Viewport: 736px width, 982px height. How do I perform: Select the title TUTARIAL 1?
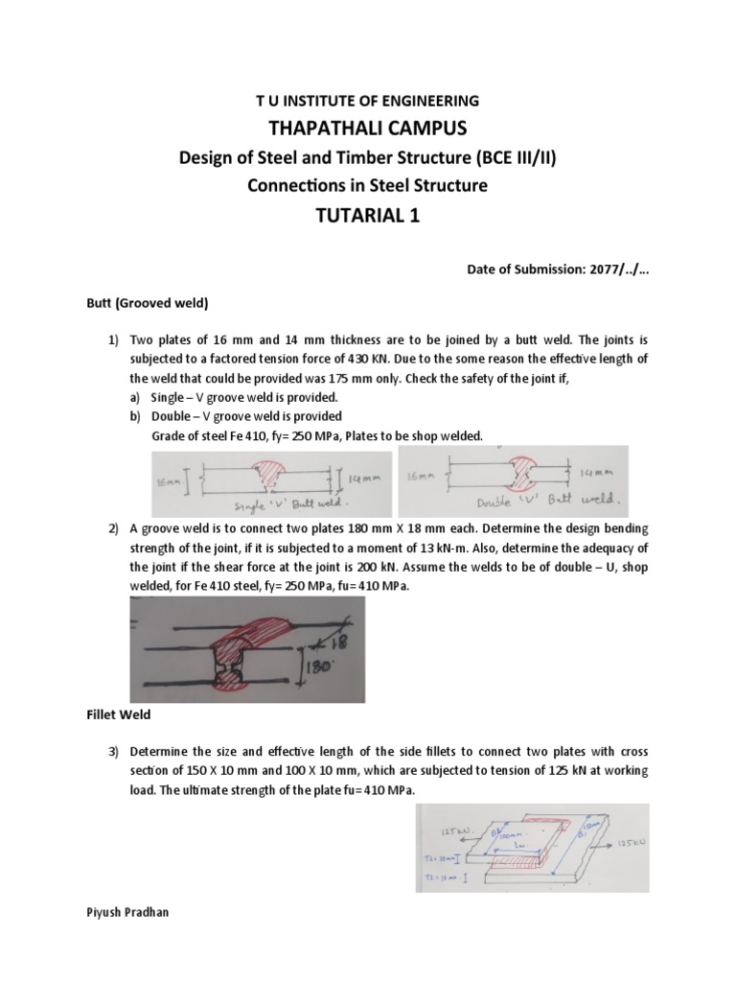pyautogui.click(x=368, y=216)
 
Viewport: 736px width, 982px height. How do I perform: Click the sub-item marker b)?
pyautogui.click(x=134, y=416)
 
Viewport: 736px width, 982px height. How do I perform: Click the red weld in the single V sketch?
pyautogui.click(x=274, y=477)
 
